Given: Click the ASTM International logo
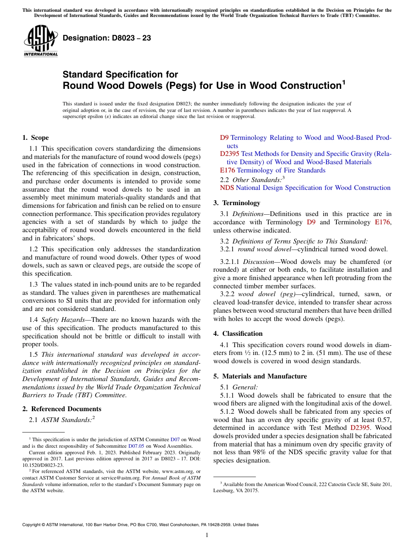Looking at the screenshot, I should click(40, 41).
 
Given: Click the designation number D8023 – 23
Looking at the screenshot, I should click(107, 38).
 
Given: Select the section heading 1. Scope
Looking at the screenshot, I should click(35, 138).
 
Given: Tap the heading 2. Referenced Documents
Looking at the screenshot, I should click(61, 409).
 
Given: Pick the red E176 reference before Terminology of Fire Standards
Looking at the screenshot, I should click(227, 170).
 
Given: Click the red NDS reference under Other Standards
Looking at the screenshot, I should click(227, 188).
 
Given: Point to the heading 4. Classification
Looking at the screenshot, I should click(238, 333).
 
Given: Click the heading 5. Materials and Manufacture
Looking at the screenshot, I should click(260, 376).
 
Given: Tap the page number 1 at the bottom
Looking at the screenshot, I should click(207, 535).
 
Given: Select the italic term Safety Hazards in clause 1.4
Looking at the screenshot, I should click(59, 320).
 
